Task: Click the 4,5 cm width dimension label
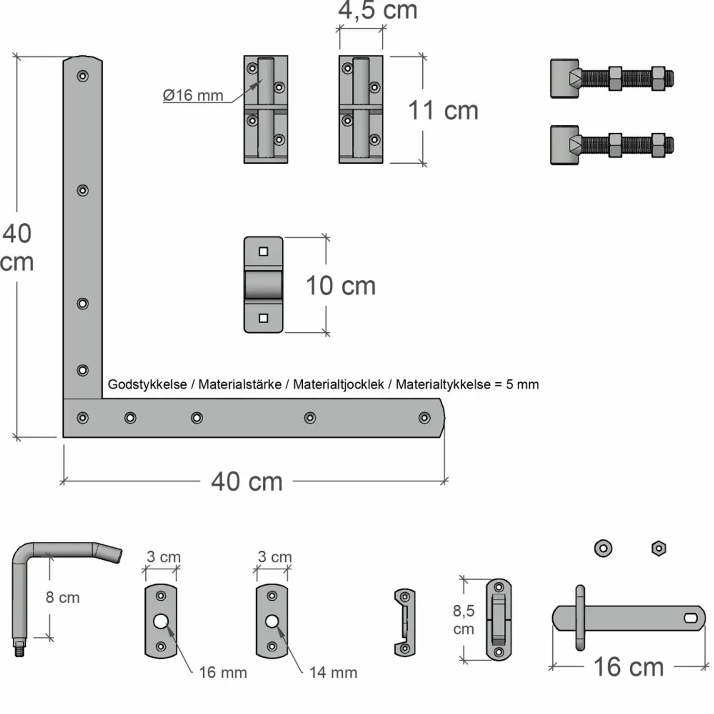tap(377, 10)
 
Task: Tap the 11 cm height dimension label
tap(443, 110)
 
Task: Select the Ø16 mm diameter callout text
tap(193, 95)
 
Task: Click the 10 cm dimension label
tap(340, 286)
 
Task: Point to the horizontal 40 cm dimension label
tap(247, 481)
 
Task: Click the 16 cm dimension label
tap(628, 667)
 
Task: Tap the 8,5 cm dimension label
tap(463, 619)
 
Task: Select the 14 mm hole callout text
tap(333, 672)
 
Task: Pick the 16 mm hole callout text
tap(223, 672)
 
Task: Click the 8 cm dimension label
tap(62, 597)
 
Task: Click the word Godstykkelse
tap(147, 385)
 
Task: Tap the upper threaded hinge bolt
tap(612, 79)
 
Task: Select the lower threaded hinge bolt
tap(612, 145)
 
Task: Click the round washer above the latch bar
tap(603, 548)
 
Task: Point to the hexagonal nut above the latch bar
tap(658, 548)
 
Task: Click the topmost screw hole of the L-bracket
tap(83, 76)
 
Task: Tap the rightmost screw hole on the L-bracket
tap(424, 418)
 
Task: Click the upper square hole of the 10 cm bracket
tap(263, 251)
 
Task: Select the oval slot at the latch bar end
tap(691, 618)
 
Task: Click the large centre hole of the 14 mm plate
tap(272, 621)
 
